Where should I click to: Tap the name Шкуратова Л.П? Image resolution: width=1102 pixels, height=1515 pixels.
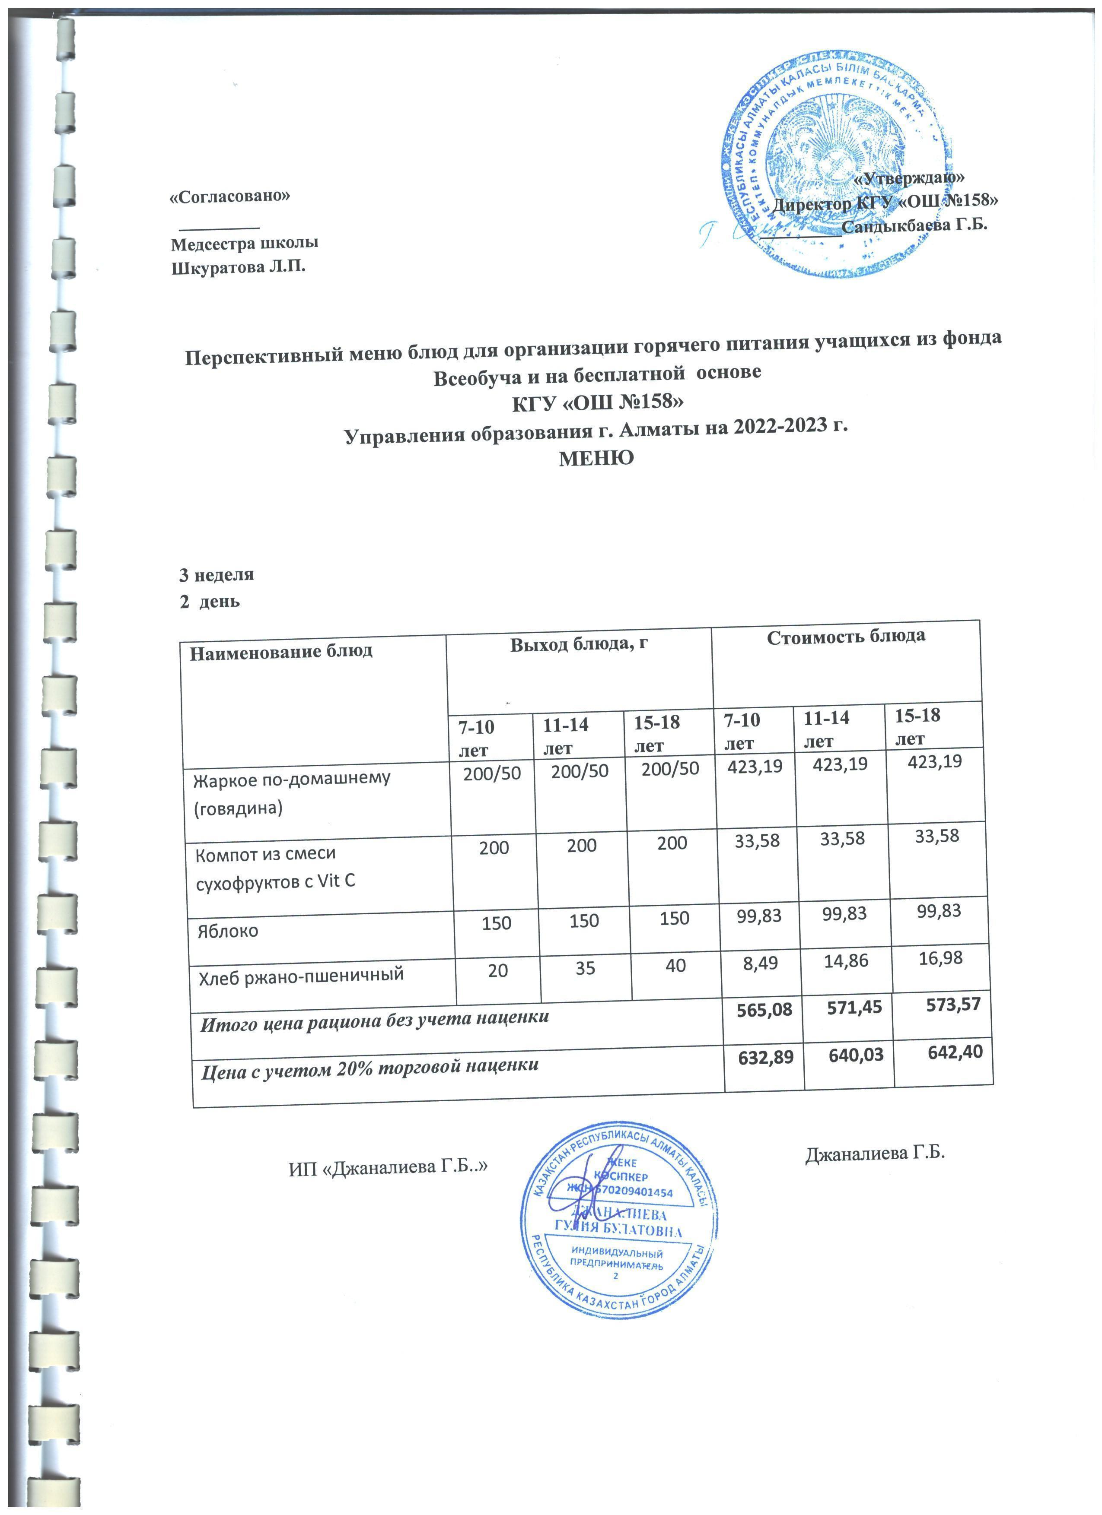pyautogui.click(x=239, y=268)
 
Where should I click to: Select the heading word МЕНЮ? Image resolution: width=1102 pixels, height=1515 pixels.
pyautogui.click(x=596, y=458)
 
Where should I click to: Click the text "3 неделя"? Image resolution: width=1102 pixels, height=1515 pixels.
pyautogui.click(x=216, y=574)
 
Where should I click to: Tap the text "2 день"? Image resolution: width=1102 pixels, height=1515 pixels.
pyautogui.click(x=208, y=601)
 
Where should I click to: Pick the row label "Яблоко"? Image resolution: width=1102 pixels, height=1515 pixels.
pyautogui.click(x=227, y=931)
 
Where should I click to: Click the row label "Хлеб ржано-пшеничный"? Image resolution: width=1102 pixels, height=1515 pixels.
pyautogui.click(x=301, y=975)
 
